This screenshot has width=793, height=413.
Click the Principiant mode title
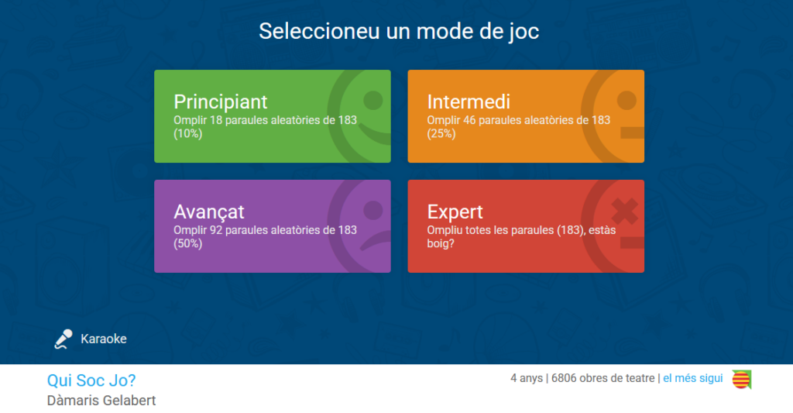pyautogui.click(x=220, y=102)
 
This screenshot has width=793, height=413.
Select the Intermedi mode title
pyautogui.click(x=469, y=102)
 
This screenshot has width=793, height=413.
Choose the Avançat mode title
pyautogui.click(x=209, y=212)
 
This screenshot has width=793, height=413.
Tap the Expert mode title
pyautogui.click(x=455, y=212)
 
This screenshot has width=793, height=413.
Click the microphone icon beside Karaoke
pyautogui.click(x=64, y=339)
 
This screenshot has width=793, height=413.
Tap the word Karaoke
pyautogui.click(x=104, y=339)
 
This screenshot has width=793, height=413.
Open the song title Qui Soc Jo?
pyautogui.click(x=91, y=380)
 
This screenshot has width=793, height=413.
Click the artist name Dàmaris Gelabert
pyautogui.click(x=101, y=401)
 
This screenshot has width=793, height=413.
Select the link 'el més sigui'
pyautogui.click(x=693, y=378)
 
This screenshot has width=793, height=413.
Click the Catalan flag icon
pyautogui.click(x=741, y=380)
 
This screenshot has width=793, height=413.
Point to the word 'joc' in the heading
pyautogui.click(x=524, y=31)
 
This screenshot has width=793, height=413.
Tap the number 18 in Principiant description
pyautogui.click(x=216, y=120)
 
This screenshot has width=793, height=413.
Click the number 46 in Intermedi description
pyautogui.click(x=469, y=120)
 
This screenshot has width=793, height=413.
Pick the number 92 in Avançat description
pyautogui.click(x=216, y=230)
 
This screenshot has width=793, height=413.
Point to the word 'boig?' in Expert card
pyautogui.click(x=441, y=243)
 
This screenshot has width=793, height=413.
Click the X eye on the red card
pyautogui.click(x=625, y=211)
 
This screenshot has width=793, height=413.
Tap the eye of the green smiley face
pyautogui.click(x=373, y=101)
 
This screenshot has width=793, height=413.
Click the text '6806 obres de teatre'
pyautogui.click(x=602, y=378)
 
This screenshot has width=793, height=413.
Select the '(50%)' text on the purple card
pyautogui.click(x=187, y=243)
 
